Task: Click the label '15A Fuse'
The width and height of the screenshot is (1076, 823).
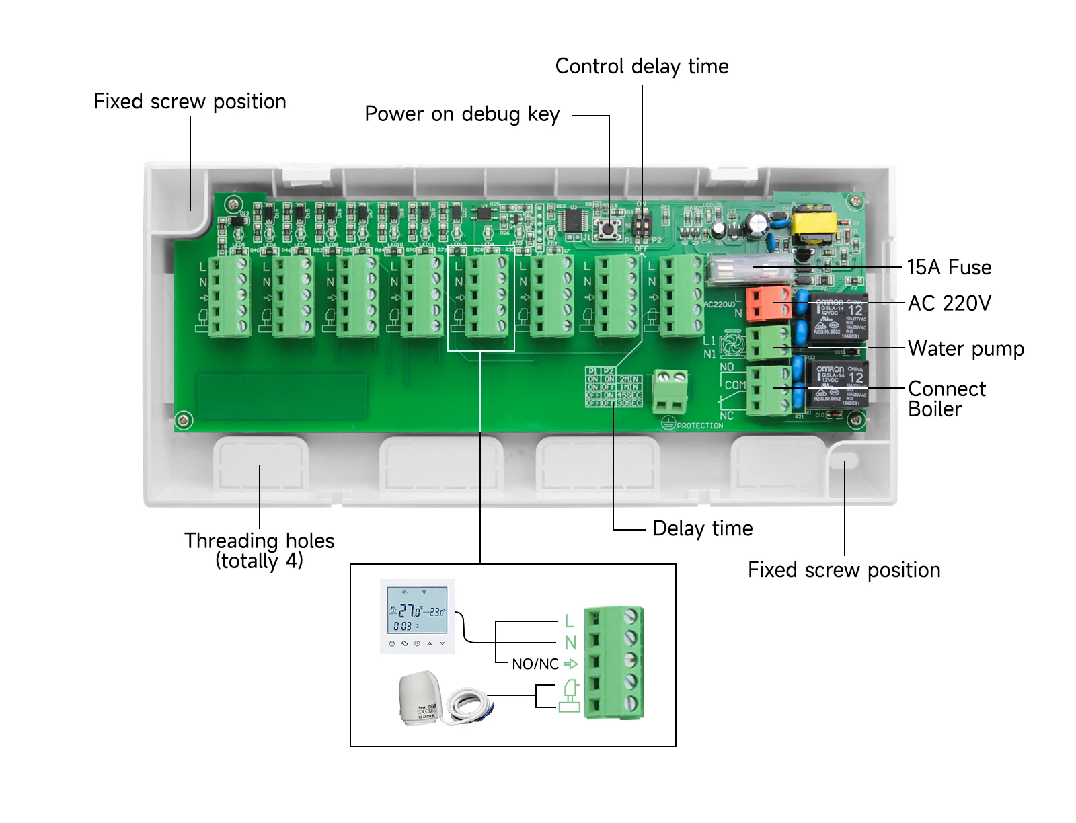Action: pyautogui.click(x=948, y=268)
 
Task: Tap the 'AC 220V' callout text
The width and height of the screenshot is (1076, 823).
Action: pyautogui.click(x=949, y=303)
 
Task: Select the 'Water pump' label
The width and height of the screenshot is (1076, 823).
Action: pyautogui.click(x=965, y=349)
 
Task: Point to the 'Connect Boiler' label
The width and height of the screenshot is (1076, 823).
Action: pyautogui.click(x=946, y=399)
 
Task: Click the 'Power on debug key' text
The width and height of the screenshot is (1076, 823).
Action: pyautogui.click(x=461, y=114)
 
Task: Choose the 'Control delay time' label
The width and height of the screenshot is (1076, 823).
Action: pyautogui.click(x=641, y=67)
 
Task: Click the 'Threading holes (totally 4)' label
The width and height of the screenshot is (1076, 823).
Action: pyautogui.click(x=259, y=550)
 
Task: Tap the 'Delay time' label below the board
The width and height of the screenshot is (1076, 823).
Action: pyautogui.click(x=702, y=528)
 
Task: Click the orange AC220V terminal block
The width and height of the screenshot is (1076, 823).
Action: pyautogui.click(x=767, y=304)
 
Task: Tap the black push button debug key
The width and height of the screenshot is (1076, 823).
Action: pyautogui.click(x=609, y=229)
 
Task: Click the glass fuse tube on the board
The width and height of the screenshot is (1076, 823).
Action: pyautogui.click(x=750, y=269)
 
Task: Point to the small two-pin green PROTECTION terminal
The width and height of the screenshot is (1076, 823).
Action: pyautogui.click(x=670, y=391)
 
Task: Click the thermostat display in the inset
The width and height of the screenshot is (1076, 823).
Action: pyautogui.click(x=418, y=611)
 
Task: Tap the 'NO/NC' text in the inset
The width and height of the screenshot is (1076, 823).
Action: pyautogui.click(x=535, y=664)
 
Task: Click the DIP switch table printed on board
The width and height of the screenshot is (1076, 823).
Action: pyautogui.click(x=613, y=387)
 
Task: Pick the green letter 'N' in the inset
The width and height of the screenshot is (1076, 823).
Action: pyautogui.click(x=570, y=643)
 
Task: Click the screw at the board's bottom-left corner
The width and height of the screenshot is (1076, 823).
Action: pyautogui.click(x=183, y=420)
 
